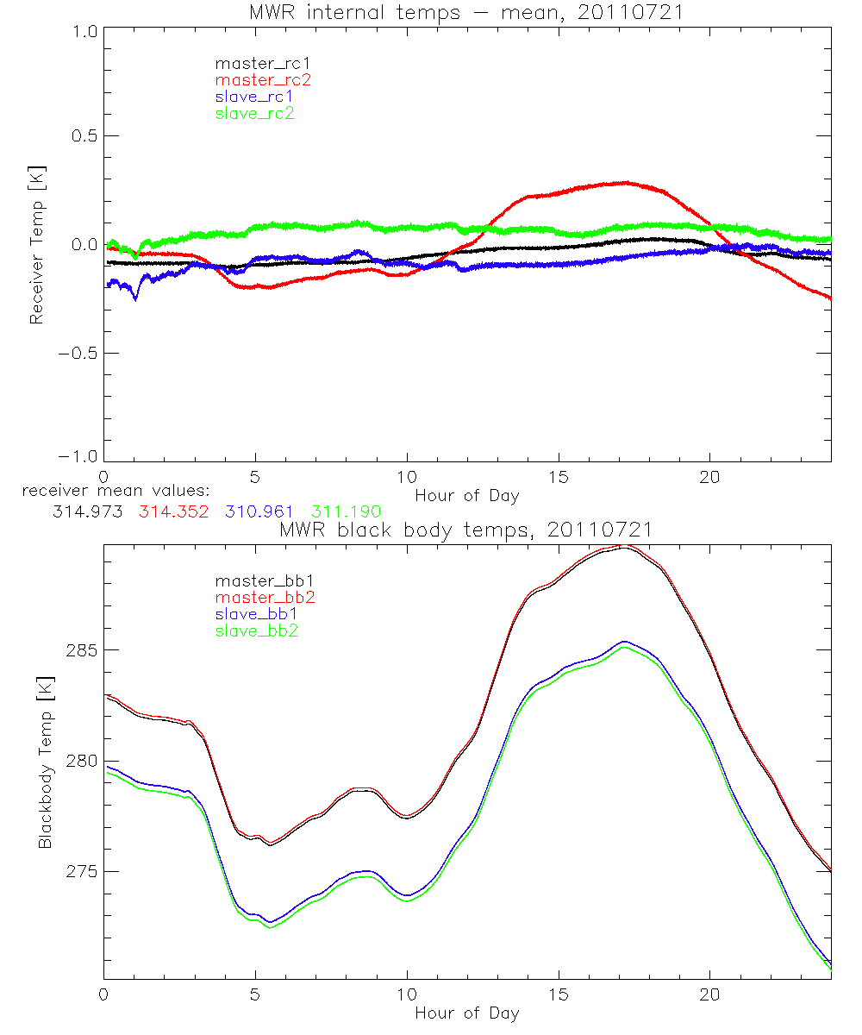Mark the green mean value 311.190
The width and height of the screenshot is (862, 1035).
click(345, 511)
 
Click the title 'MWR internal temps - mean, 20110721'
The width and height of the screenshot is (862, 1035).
click(466, 12)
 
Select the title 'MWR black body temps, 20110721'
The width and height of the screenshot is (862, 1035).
click(466, 530)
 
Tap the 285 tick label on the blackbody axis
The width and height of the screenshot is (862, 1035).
click(80, 649)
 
